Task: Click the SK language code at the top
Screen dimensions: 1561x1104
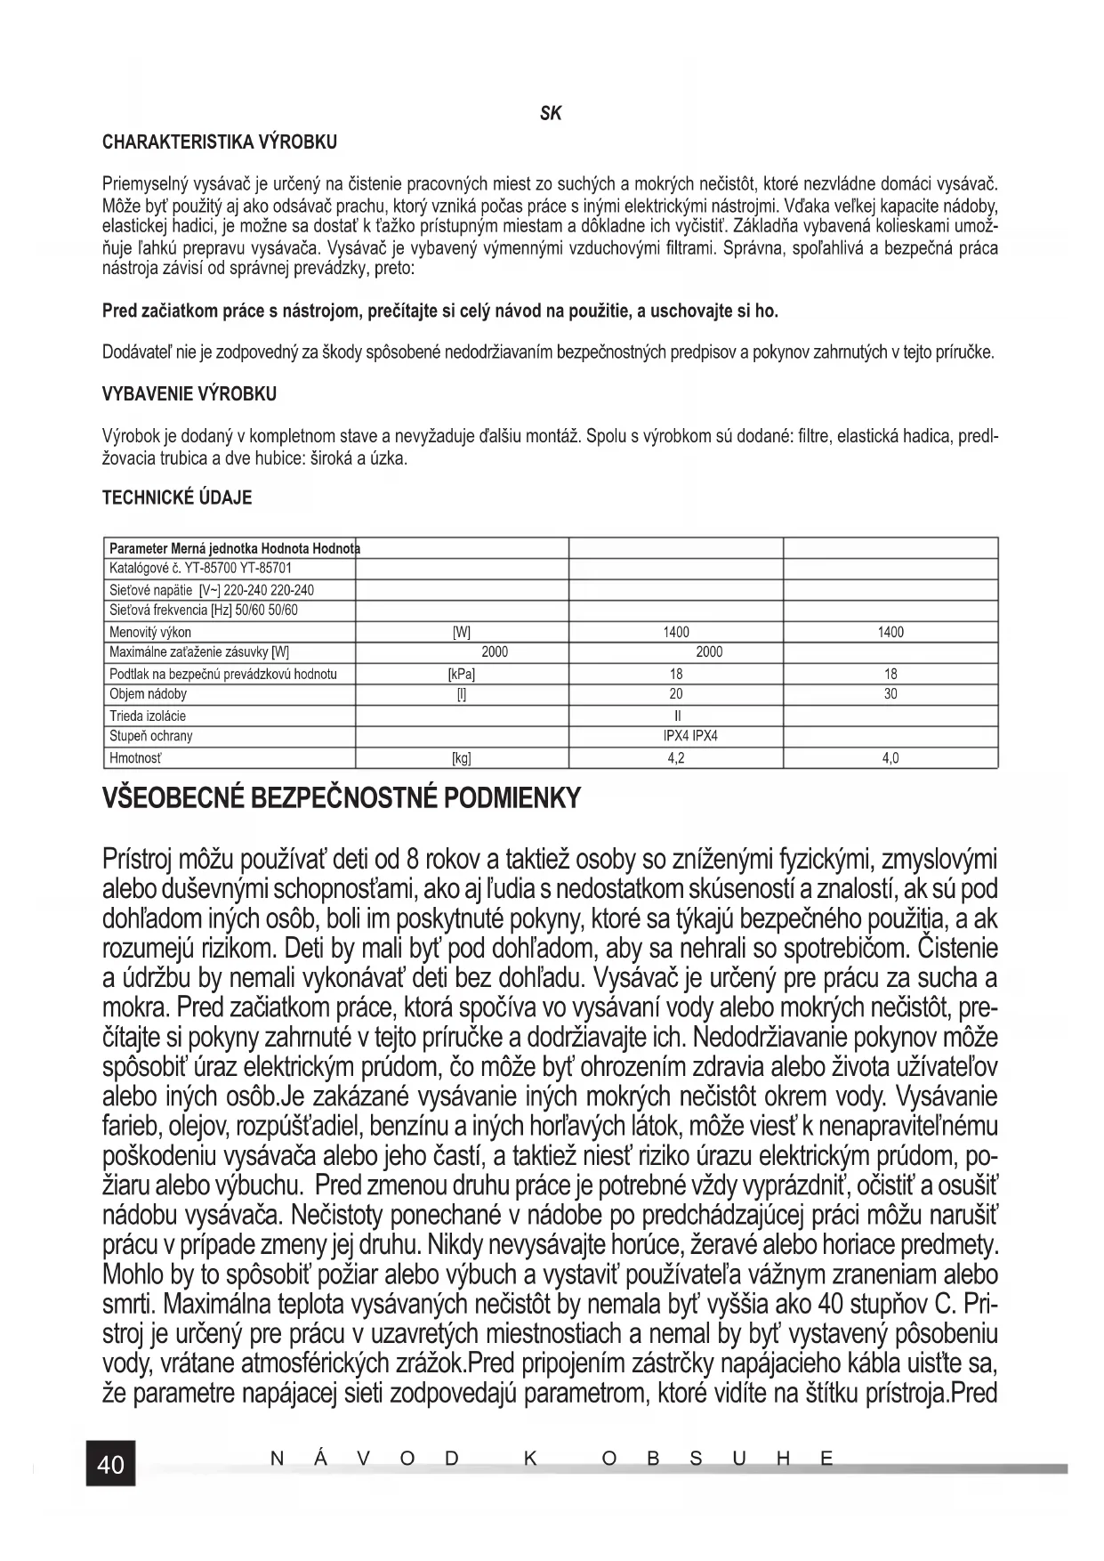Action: (551, 114)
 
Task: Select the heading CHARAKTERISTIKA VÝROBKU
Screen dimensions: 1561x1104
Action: (220, 142)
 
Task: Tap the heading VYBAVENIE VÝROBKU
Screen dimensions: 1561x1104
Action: (189, 394)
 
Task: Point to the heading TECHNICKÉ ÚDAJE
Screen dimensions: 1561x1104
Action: (177, 498)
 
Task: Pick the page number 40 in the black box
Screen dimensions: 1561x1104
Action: (110, 1464)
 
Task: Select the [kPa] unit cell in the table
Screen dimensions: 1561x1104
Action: (461, 674)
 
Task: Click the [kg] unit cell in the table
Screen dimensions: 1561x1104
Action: (461, 758)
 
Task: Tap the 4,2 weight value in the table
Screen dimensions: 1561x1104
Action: (676, 758)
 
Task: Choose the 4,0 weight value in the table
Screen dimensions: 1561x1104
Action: (890, 758)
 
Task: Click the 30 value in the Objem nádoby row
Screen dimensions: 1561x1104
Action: (890, 694)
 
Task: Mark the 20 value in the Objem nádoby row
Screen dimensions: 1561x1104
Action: (676, 694)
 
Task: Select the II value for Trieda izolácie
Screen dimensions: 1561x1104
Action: (676, 716)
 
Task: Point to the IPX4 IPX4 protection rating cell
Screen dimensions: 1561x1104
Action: (690, 736)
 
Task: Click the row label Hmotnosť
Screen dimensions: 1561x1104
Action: (135, 758)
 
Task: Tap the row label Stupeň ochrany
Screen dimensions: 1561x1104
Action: (150, 736)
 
